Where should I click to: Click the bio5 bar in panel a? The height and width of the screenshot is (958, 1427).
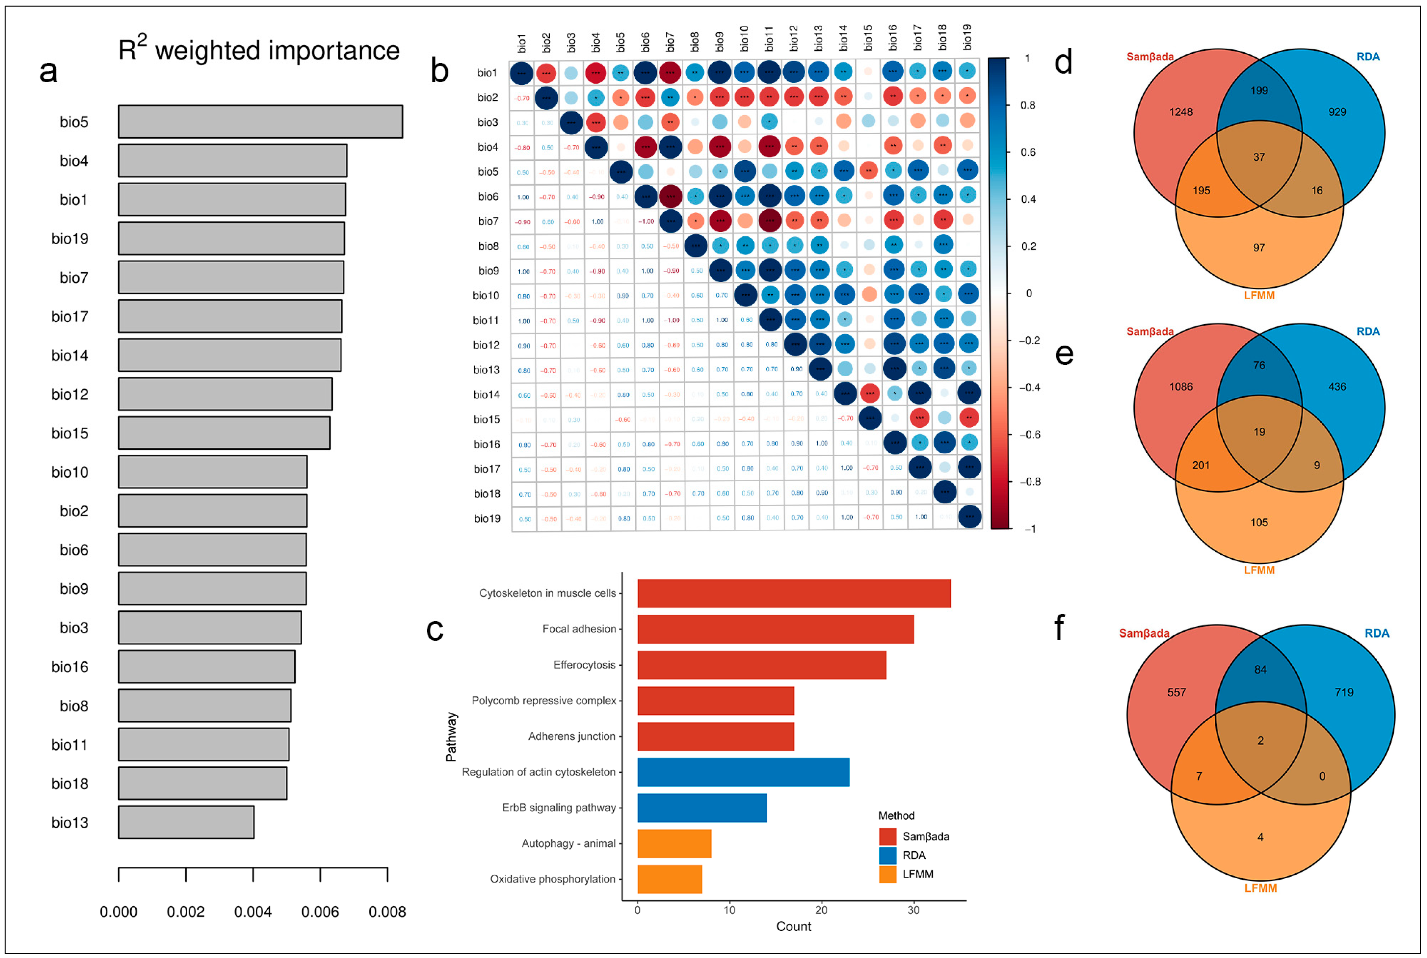tap(260, 121)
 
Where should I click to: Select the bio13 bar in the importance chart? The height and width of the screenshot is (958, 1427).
tap(186, 822)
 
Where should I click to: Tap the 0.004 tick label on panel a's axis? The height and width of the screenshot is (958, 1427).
tap(253, 912)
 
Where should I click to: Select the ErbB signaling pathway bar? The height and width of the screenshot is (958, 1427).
tap(702, 808)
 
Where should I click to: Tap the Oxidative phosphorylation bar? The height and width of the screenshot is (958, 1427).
tap(670, 879)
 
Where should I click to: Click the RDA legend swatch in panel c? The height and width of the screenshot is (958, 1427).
tap(887, 855)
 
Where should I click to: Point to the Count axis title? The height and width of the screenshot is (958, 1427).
tap(794, 926)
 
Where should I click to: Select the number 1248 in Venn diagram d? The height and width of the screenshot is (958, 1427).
tap(1181, 112)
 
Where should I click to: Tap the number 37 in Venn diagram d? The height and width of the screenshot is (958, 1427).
tap(1259, 157)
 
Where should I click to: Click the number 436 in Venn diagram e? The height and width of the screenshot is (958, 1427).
tap(1337, 387)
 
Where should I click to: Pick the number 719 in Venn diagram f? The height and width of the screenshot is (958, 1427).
tap(1344, 692)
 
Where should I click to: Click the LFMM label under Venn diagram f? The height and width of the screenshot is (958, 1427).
tap(1260, 888)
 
